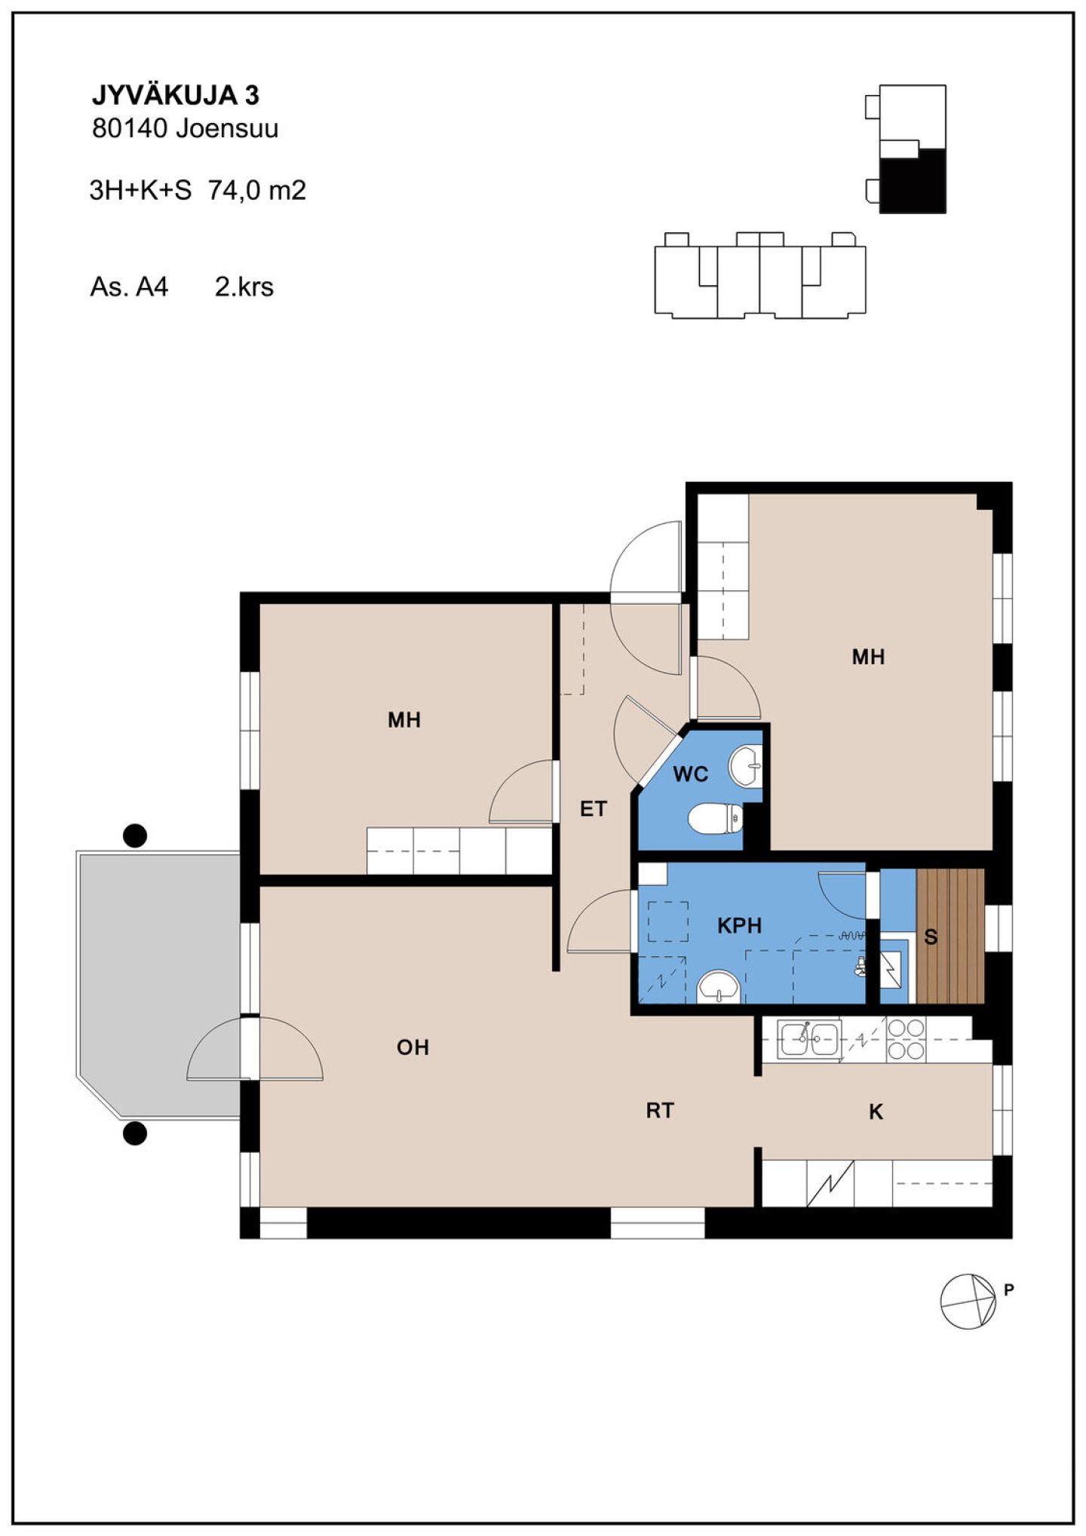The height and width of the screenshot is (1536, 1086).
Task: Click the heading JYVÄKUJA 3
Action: coord(176,95)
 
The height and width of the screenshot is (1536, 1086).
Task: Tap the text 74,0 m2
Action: coord(257,190)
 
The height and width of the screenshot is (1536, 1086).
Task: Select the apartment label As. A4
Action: coord(129,287)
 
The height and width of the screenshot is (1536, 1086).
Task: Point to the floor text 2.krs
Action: coord(244,287)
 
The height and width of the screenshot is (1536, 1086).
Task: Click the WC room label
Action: coord(690,774)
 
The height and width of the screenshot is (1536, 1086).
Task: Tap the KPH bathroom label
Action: coord(739,925)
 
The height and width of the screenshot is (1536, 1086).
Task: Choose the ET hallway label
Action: coord(593,809)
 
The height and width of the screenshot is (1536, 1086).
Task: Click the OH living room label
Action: coord(413,1047)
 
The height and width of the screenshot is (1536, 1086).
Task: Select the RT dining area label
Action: coord(660,1110)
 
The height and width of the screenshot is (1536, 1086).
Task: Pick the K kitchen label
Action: coord(876,1111)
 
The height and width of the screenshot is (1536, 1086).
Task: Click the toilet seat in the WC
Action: coord(716,820)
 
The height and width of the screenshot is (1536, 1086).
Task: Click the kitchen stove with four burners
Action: coord(906,1039)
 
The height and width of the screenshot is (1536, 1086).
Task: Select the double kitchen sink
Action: coord(810,1039)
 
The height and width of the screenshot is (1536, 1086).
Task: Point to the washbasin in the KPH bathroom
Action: coord(719,986)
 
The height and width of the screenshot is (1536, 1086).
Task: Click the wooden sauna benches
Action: coord(950,936)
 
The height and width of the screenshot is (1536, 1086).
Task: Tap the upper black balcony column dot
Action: coord(135,835)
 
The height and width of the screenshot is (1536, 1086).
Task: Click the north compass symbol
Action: coord(968,1301)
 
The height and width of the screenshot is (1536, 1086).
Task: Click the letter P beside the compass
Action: coord(1009,1290)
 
